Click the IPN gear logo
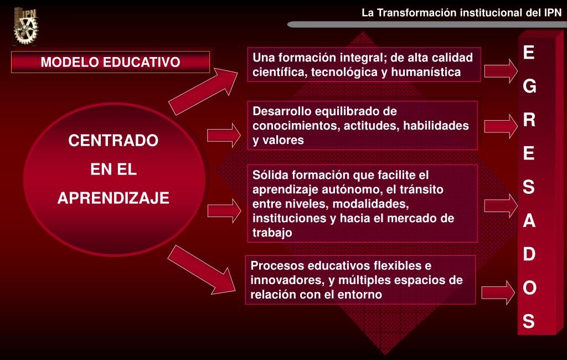(25, 27)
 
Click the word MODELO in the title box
(69, 62)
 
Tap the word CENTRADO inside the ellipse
(113, 140)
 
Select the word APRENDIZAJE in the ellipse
(113, 198)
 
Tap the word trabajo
(272, 233)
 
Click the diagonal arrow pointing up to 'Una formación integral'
(203, 91)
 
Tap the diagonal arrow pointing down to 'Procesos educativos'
(202, 270)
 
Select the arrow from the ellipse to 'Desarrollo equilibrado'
(224, 135)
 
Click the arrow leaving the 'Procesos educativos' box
(498, 292)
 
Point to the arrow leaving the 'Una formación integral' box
(501, 71)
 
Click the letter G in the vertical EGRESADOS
(529, 86)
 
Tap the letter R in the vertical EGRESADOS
(529, 120)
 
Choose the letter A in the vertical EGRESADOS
(529, 220)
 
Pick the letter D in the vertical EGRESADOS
(529, 254)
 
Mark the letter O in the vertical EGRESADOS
(529, 287)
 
